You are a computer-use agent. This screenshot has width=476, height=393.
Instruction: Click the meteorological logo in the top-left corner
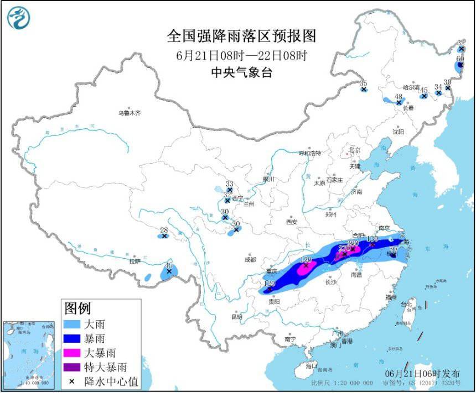point(18,18)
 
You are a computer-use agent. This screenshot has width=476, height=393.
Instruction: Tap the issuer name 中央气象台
point(241,72)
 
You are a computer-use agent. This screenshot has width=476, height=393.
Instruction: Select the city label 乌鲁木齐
point(129,113)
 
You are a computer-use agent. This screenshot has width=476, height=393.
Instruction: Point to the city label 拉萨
point(135,261)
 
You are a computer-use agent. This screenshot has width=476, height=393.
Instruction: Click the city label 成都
point(250,259)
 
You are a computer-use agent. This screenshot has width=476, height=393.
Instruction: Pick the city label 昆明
point(237,317)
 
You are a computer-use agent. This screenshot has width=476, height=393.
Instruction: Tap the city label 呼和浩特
point(309,153)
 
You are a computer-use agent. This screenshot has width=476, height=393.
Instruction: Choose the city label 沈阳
point(399,132)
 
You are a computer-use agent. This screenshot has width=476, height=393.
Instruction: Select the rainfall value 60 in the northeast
point(460,59)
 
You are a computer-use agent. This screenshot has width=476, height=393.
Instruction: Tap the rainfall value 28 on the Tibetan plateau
point(163,230)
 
